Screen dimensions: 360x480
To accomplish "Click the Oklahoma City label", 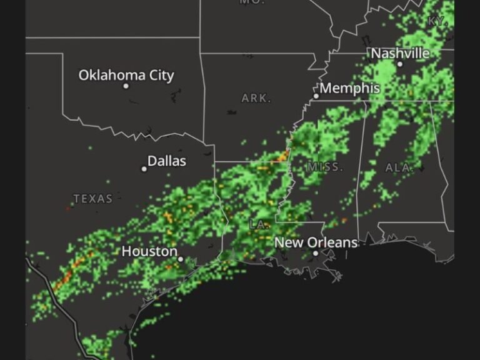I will [x=126, y=75].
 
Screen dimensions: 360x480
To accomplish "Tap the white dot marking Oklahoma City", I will [x=126, y=86].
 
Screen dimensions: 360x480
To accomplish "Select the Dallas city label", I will [x=167, y=161].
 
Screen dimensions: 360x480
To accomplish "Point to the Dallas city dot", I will [x=144, y=169].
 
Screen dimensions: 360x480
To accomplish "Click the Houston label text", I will [x=149, y=251].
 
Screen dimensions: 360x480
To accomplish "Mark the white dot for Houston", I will [x=181, y=259].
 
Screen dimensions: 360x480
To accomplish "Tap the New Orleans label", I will [x=316, y=242].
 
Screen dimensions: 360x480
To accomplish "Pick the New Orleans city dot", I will [x=316, y=253].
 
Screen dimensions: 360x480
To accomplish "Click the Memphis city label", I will [x=350, y=88].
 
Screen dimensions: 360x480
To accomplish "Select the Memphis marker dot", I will [x=316, y=96].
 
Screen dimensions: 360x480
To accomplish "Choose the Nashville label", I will [x=401, y=53].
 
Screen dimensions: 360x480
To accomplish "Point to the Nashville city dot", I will [x=400, y=64].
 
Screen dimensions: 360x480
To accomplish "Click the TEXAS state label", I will [x=93, y=199].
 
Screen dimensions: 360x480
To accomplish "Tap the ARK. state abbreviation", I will [x=256, y=98].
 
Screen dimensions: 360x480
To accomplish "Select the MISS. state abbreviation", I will [x=325, y=167].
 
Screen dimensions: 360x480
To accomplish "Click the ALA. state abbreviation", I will [x=399, y=167].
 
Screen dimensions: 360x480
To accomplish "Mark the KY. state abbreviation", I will [x=437, y=21].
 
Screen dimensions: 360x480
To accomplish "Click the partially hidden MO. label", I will [x=252, y=2].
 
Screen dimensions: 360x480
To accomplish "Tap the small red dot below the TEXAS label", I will [x=68, y=209].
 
